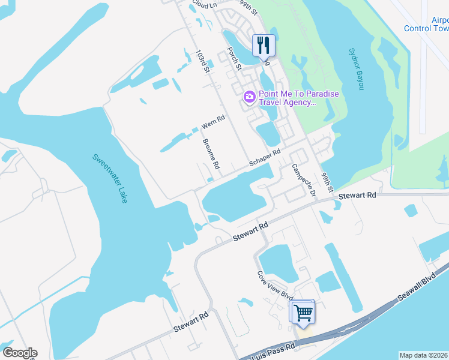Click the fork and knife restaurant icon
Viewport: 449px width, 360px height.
[x=264, y=44]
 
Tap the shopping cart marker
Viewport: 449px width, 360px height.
[x=303, y=312]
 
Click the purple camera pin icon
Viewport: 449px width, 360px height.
[x=249, y=97]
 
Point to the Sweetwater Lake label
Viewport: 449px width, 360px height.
[x=110, y=178]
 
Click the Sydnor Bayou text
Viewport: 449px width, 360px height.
[x=357, y=68]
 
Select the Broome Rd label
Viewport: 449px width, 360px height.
[x=211, y=154]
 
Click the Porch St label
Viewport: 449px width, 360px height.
[x=234, y=59]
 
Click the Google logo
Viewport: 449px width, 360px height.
[x=19, y=353]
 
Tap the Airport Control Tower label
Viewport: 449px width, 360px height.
[x=427, y=24]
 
